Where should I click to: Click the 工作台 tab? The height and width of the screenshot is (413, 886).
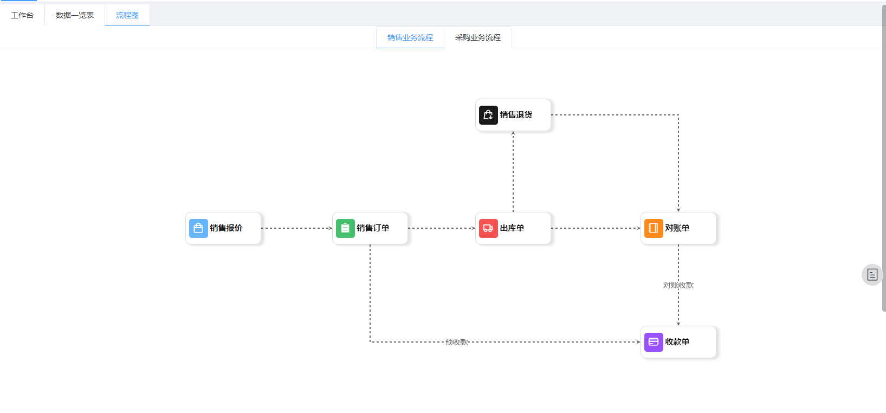pos(22,15)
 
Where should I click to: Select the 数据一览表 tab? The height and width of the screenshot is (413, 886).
pos(75,15)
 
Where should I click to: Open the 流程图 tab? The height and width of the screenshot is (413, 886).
pos(127,15)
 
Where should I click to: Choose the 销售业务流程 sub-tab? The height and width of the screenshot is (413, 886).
pos(410,37)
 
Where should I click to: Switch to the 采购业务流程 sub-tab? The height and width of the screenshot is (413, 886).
pos(478,37)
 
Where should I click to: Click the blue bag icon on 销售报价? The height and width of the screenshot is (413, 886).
pos(198,228)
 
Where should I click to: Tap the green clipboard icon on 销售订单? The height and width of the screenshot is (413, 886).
pos(345,228)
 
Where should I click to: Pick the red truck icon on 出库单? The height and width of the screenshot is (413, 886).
pos(488,228)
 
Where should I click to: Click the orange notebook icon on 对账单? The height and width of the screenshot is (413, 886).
pos(654,228)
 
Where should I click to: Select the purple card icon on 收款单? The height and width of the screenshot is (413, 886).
pos(654,342)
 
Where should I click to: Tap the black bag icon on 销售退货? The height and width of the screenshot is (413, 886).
pos(488,115)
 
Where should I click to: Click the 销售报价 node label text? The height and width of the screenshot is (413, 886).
pos(227,228)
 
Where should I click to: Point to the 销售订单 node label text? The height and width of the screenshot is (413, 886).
pos(373,228)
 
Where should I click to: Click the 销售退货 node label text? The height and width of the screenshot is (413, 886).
pos(516,115)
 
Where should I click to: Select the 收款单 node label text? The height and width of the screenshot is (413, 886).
pos(677,342)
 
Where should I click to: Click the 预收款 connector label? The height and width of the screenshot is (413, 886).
pos(456,342)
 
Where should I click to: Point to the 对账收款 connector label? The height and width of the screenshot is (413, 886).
pos(678,285)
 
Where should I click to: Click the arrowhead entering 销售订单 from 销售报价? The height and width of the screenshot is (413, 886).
pos(331,228)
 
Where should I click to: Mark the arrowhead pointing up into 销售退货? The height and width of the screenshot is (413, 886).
pos(513,134)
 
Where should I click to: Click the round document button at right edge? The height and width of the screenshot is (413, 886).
pos(872,275)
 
